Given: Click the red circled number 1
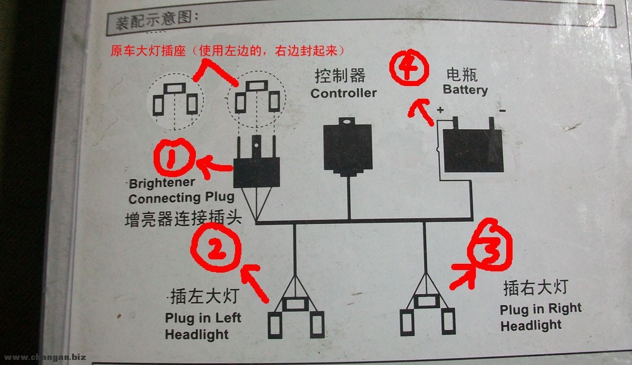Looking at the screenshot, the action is (x=174, y=158).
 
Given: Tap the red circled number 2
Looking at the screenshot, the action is (x=216, y=247).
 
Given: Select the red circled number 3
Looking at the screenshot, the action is (x=490, y=244).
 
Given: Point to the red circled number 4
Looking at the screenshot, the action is (x=409, y=67).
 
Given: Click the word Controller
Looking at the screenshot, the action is (x=343, y=93).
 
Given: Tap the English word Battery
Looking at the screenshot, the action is (x=465, y=90).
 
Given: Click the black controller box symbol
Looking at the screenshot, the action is (x=348, y=147).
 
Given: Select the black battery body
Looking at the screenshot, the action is (x=473, y=150).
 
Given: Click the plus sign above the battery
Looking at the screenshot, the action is (x=440, y=109).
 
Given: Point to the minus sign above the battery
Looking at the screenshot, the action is (x=502, y=110).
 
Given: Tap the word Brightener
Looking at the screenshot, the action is (x=162, y=183).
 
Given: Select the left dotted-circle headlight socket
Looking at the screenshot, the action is (x=175, y=101).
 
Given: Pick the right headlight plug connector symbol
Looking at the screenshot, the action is (x=427, y=314).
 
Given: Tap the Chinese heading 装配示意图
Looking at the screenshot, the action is (x=157, y=20).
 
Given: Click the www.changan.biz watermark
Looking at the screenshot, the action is (x=45, y=357).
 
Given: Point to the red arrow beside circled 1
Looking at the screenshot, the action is (x=214, y=166).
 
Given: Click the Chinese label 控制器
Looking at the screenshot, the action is (x=340, y=75).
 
